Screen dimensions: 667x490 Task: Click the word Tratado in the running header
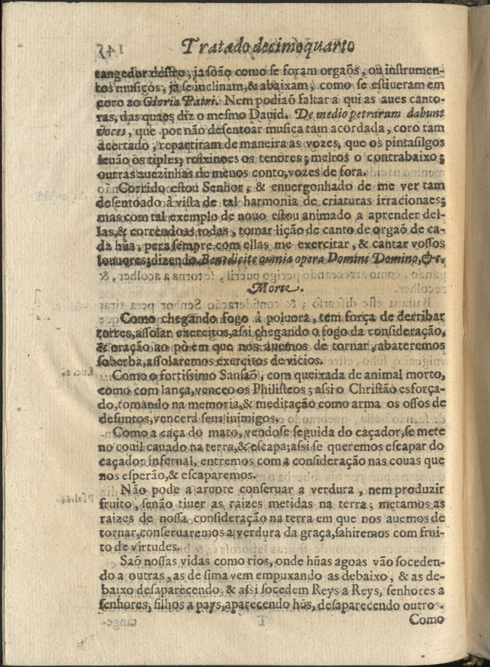point(211,48)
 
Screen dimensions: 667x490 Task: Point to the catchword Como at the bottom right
point(427,621)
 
